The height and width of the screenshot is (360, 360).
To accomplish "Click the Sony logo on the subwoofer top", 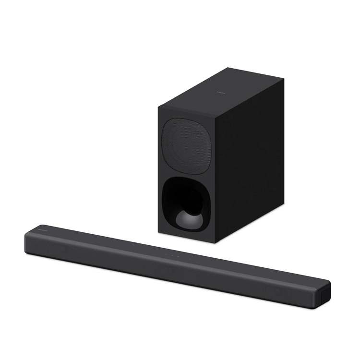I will click(x=221, y=89).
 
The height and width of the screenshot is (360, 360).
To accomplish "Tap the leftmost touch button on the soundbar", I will click(x=167, y=254).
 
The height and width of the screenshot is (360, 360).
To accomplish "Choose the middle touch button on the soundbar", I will click(x=179, y=256).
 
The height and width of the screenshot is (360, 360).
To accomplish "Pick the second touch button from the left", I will click(x=172, y=255).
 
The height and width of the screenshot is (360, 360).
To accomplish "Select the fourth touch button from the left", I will click(x=184, y=257).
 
